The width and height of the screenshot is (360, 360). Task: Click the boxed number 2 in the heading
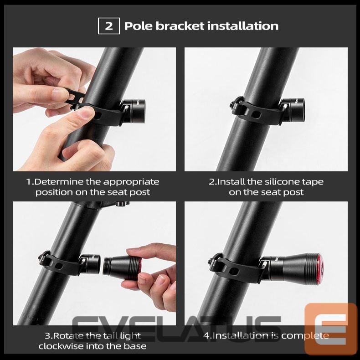[x=109, y=26]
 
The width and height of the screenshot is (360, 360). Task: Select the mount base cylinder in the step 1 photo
[x=135, y=108]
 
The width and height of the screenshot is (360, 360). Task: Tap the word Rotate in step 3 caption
[x=68, y=336]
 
